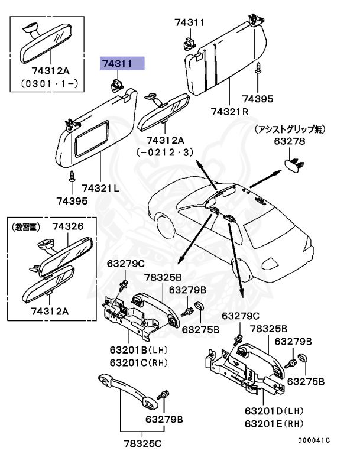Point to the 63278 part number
289,141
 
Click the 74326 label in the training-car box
67,226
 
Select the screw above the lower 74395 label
73,176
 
